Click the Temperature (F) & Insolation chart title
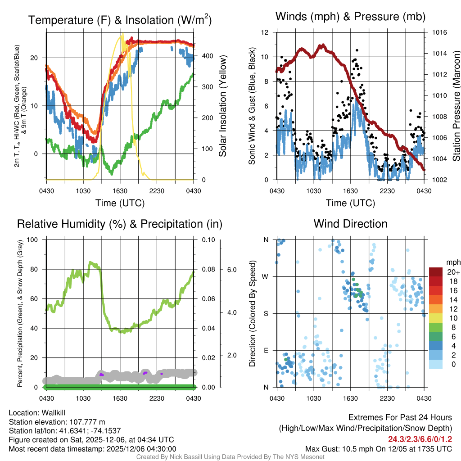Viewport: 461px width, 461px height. coord(120,20)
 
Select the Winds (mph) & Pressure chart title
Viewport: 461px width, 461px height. coord(350,17)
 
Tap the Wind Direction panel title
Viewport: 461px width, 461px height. coord(350,224)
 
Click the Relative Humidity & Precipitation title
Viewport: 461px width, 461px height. coord(120,224)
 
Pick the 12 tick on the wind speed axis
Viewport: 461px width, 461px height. coord(265,32)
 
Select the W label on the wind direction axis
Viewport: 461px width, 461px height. coord(266,276)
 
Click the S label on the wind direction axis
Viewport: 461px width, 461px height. coord(266,313)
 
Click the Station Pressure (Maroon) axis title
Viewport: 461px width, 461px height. coord(456,106)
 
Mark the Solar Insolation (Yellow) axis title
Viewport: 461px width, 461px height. coord(222,106)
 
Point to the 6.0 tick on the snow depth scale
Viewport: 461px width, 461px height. coord(231,269)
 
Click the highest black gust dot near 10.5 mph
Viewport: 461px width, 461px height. coord(357,50)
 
